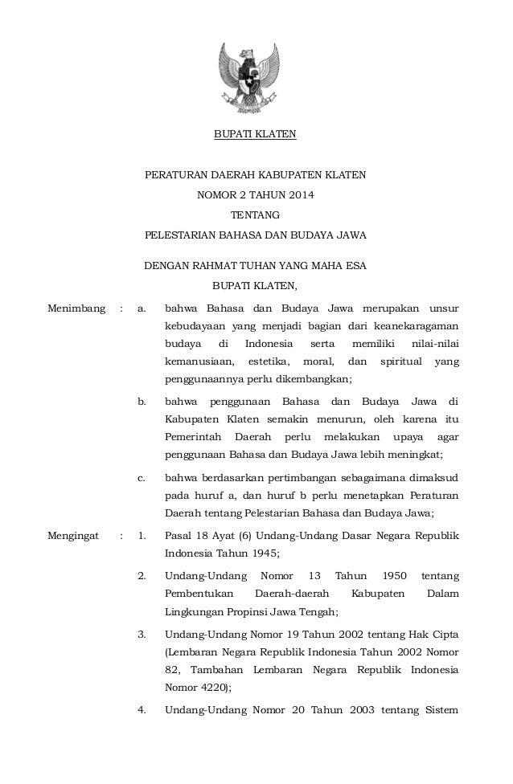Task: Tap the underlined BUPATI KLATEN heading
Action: click(x=255, y=133)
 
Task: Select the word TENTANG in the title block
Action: click(x=255, y=215)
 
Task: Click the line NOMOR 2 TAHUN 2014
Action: click(x=255, y=194)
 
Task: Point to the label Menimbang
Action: click(x=76, y=307)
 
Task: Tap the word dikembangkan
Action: click(x=310, y=380)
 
